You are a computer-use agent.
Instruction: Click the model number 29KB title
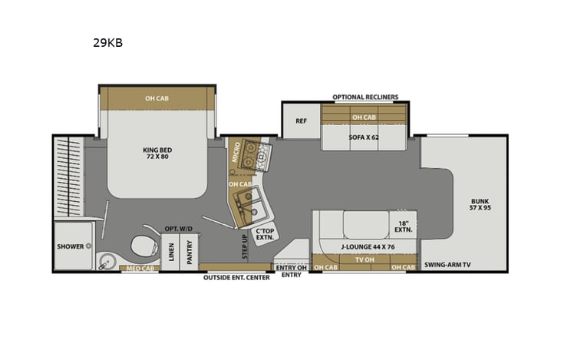tap(107, 43)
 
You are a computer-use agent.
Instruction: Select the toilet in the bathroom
tap(144, 245)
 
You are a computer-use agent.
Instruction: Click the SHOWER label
tap(69, 246)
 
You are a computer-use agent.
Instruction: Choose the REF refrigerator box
tap(301, 121)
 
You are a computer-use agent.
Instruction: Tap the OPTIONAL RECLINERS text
tap(365, 97)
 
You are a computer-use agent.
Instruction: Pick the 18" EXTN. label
tap(404, 225)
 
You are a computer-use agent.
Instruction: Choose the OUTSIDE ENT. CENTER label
tap(236, 277)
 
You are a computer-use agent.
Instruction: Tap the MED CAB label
tap(139, 269)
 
